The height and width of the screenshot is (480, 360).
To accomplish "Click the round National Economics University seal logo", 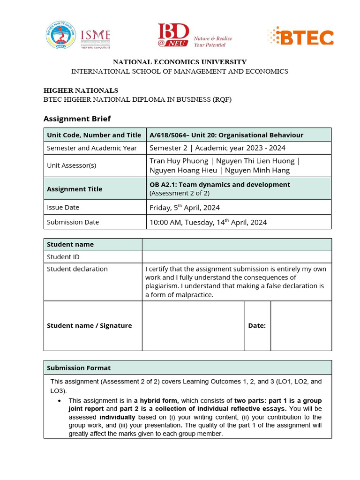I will click(60, 35).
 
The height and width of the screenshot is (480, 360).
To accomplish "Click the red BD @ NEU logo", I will click(173, 35).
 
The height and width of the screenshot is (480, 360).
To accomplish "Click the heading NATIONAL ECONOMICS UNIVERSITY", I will click(180, 62).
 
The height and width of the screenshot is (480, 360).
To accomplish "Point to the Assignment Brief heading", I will click(77, 119).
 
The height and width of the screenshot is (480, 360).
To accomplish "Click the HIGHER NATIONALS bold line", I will click(81, 90).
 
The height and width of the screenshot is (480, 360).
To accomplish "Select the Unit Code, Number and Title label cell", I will click(94, 135).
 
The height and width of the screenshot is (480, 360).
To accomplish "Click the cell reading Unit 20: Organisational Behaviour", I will click(226, 135).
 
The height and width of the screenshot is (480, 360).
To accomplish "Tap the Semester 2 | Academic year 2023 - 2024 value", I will click(217, 148).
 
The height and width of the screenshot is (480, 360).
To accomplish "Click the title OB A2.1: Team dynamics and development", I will click(219, 185).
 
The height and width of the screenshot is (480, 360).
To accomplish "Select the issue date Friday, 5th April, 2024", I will click(184, 207).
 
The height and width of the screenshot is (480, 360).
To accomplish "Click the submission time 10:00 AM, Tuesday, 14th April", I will click(208, 222).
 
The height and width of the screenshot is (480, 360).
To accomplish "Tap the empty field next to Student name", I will click(236, 244).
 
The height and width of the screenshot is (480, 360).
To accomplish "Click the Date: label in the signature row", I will click(257, 326).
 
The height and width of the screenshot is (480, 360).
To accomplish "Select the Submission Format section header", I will click(79, 368).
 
